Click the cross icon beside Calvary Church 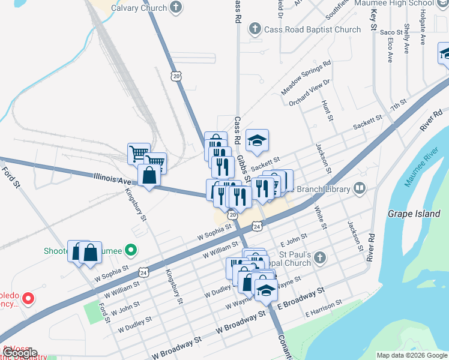point(176,8)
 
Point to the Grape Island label point(414,214)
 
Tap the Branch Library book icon point(360,189)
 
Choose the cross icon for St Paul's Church point(320,258)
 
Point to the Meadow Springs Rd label point(306,78)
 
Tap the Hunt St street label point(327,111)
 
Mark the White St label point(319,218)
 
